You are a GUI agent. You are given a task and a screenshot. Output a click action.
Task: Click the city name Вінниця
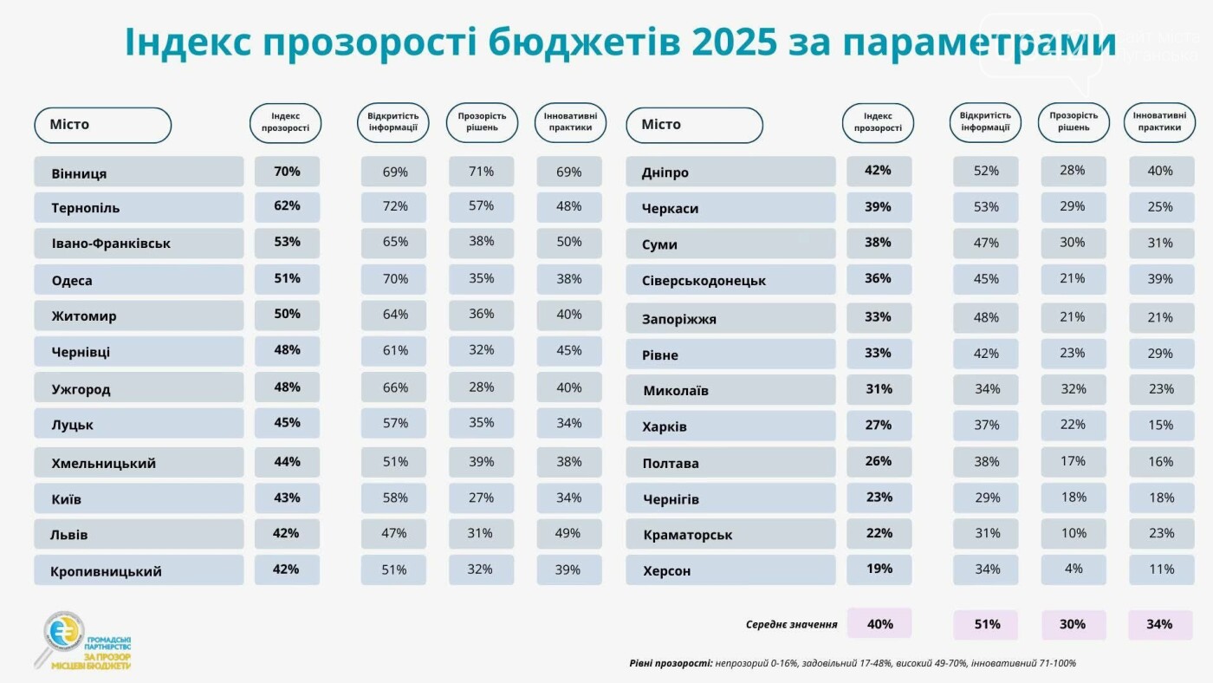coord(79,172)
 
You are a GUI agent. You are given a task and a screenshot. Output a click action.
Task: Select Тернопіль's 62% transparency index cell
coord(287,206)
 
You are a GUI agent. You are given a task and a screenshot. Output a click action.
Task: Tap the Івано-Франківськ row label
coord(111,244)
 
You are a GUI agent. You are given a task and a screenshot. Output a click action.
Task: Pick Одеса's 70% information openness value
coord(394,279)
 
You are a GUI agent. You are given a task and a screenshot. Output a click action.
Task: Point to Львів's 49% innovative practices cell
coord(568,533)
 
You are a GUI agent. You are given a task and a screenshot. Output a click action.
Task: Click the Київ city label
coord(67,499)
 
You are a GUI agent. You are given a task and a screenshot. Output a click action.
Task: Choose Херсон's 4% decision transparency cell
coord(1073,569)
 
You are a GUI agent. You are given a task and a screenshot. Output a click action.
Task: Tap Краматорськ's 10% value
coord(1073,533)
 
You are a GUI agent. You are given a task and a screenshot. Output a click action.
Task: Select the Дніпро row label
coord(665,172)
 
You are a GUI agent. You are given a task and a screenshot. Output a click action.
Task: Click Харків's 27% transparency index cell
coord(878,425)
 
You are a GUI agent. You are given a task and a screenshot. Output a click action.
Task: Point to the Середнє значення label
coord(791,624)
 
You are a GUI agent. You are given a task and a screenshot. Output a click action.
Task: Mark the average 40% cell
coord(879,624)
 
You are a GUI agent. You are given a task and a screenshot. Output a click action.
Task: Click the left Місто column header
coord(102,125)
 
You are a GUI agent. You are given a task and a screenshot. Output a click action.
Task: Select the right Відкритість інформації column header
coord(985,121)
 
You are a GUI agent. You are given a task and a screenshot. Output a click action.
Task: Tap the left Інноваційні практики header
coord(569,121)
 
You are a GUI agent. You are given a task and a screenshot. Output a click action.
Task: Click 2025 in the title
coord(734,41)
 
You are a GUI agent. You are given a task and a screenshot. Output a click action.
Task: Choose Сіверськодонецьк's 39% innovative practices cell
coord(1160,279)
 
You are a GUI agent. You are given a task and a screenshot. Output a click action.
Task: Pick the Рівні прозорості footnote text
coord(853,663)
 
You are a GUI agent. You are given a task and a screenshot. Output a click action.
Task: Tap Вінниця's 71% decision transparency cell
coord(481,172)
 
